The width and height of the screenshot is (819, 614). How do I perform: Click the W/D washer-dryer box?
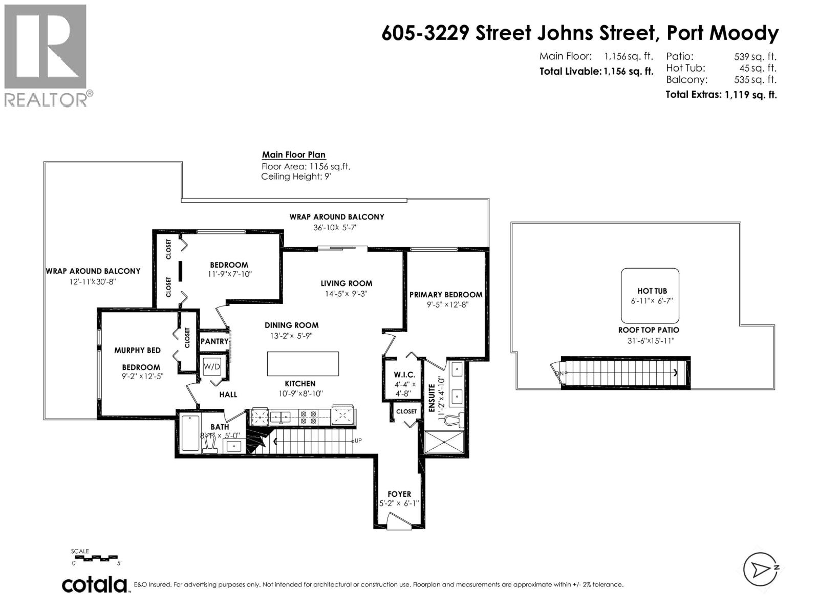[211, 367]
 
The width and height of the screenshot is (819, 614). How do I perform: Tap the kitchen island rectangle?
[303, 364]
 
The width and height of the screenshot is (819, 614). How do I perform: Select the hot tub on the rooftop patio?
[650, 296]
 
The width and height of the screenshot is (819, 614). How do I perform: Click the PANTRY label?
[214, 341]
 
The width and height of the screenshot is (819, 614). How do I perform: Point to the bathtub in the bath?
[190, 433]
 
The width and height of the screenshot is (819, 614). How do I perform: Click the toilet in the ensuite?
[455, 420]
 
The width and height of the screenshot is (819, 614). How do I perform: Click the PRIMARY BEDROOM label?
[446, 295]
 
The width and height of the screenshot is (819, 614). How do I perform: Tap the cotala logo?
[95, 584]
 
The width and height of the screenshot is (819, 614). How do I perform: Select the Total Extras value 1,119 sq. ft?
[750, 95]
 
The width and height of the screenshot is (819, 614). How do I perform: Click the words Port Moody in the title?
[722, 33]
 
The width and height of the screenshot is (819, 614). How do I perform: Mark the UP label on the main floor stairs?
[358, 441]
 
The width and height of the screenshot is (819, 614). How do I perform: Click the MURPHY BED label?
[137, 350]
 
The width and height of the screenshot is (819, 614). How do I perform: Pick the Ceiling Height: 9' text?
[296, 177]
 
